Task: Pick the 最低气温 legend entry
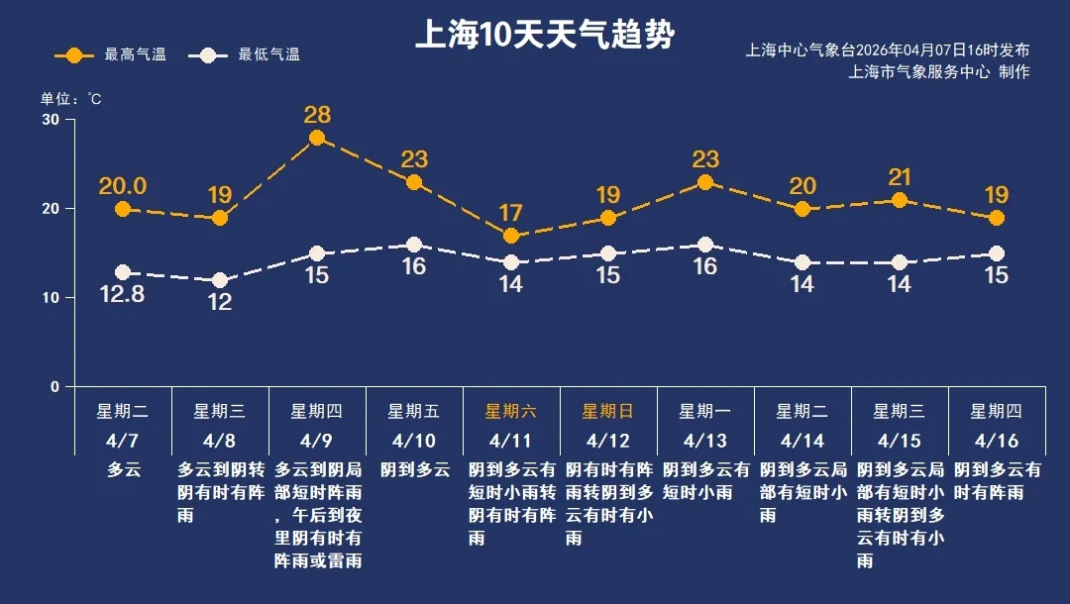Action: point(249,55)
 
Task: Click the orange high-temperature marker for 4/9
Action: point(317,138)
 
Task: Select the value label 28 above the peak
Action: point(317,114)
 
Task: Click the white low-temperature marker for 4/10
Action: point(414,245)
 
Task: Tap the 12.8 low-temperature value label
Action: point(123,294)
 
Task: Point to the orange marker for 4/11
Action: point(511,236)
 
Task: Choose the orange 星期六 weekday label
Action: point(510,411)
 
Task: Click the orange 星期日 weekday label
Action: point(607,411)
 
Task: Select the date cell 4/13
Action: point(704,440)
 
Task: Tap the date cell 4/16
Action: point(996,440)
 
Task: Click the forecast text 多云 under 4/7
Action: point(124,470)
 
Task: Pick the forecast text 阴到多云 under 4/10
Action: point(414,470)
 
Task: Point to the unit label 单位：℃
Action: point(70,99)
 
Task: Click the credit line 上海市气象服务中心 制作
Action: point(939,71)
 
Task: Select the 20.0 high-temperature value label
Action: point(123,186)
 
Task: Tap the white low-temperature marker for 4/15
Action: point(900,262)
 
